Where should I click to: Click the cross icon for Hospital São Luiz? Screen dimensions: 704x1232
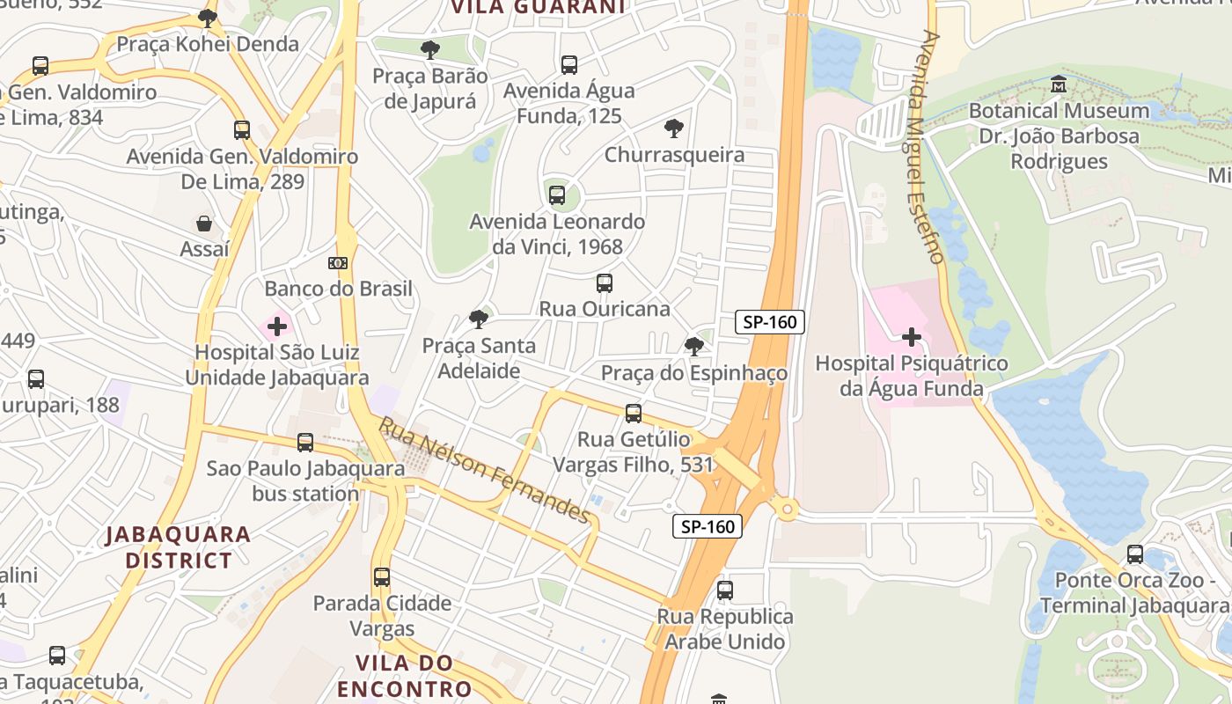click(277, 327)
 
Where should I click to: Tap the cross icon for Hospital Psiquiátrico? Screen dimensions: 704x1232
click(911, 337)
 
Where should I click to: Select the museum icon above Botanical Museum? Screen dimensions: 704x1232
click(1059, 84)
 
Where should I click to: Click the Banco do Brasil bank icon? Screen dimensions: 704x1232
click(338, 263)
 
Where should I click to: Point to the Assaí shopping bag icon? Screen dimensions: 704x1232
click(204, 224)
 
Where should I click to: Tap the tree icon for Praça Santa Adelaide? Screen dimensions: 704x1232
click(479, 319)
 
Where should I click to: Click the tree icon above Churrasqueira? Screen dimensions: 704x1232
click(674, 129)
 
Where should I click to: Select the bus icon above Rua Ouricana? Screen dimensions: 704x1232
click(604, 283)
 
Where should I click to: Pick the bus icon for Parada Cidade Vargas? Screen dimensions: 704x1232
click(382, 577)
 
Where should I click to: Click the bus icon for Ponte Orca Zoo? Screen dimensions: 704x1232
click(1135, 554)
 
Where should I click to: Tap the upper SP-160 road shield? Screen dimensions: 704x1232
click(770, 322)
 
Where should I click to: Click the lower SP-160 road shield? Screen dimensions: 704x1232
click(708, 527)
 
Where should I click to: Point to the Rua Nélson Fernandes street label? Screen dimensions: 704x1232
click(484, 470)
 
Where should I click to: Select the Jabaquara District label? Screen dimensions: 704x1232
click(179, 546)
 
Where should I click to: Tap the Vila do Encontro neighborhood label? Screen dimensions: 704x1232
click(405, 675)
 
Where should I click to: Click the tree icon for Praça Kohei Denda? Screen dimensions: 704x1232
click(208, 18)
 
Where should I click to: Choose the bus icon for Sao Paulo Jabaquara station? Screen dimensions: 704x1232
click(305, 443)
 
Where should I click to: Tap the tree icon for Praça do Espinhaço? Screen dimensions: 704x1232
click(694, 347)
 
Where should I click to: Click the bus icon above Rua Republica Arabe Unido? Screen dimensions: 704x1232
click(725, 590)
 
